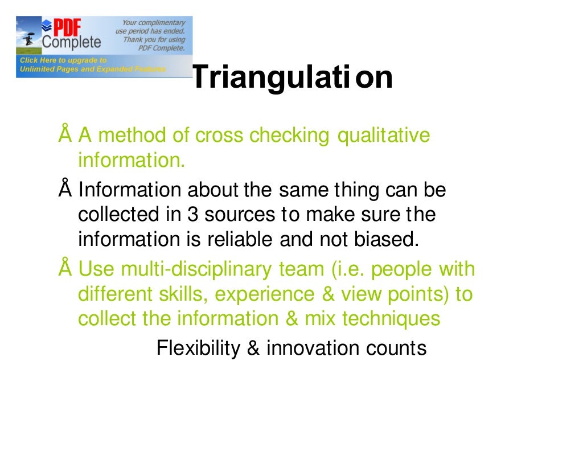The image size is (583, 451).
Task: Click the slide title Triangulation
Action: [292, 78]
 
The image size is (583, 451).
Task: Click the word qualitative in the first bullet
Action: [384, 136]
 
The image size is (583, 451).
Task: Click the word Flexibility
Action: [199, 348]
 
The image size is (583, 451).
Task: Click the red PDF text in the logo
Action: [67, 27]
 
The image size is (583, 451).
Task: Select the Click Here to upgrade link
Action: [63, 60]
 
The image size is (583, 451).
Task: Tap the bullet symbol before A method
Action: [64, 136]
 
